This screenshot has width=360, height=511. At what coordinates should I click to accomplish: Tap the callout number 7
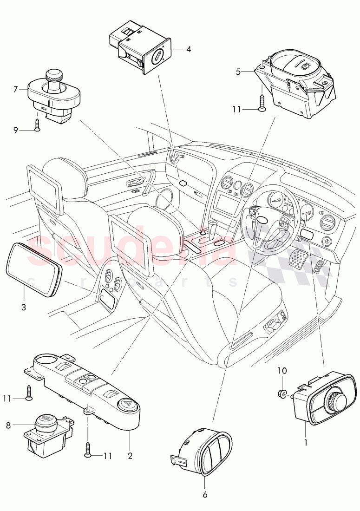(x=16, y=88)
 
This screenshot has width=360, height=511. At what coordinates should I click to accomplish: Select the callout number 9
(x=16, y=130)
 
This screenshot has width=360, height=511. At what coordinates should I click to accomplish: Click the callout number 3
(x=23, y=307)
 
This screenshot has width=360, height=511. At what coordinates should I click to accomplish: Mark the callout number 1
(x=306, y=443)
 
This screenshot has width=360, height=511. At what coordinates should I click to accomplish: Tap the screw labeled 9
(x=37, y=124)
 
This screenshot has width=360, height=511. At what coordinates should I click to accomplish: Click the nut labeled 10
(x=282, y=394)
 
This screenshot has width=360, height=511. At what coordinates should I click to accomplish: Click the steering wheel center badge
(x=262, y=221)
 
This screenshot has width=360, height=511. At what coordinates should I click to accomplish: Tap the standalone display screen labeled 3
(x=34, y=269)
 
